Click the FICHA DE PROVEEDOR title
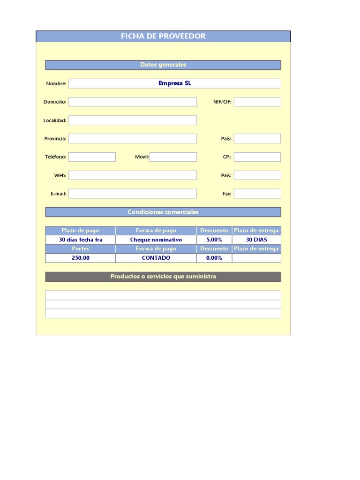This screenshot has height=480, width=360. tap(163, 36)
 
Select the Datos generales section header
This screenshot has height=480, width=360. tap(163, 65)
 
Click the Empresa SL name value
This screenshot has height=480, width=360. tap(174, 83)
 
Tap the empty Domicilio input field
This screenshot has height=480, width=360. tap(133, 102)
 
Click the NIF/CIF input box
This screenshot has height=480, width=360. tap(257, 102)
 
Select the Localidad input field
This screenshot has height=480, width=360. tap(133, 120)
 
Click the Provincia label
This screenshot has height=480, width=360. tap(55, 139)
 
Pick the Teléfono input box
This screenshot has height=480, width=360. tap(92, 157)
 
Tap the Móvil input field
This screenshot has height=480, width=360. tap(173, 157)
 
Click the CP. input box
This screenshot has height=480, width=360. tap(257, 157)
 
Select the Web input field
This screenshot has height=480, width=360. tap(133, 175)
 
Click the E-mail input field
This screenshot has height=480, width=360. tap(133, 194)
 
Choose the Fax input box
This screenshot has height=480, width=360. tap(257, 194)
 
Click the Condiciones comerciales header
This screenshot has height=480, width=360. tap(163, 212)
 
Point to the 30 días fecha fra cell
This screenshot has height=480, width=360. tap(81, 240)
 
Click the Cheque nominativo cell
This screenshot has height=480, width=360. tap(156, 240)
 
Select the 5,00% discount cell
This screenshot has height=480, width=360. tap(214, 240)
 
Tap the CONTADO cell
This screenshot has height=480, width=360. tap(156, 258)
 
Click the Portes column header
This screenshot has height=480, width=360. tap(81, 249)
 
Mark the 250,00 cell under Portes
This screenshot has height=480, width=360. tap(81, 258)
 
